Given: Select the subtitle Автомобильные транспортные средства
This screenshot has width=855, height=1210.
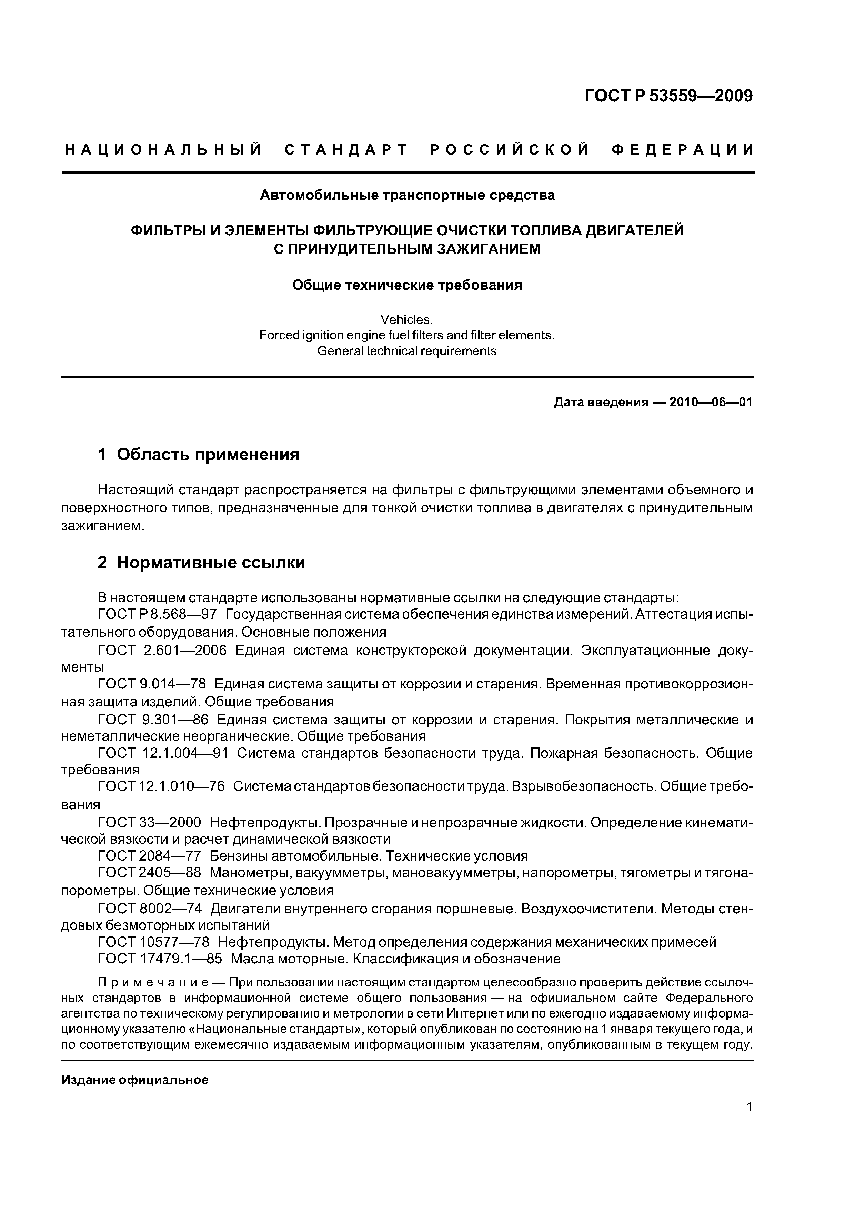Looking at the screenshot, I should [407, 196].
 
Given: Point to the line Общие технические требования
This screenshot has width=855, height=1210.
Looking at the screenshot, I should [407, 285].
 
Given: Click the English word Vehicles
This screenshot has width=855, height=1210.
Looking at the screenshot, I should [407, 319].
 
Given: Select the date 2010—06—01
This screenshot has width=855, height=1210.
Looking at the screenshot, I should [711, 403].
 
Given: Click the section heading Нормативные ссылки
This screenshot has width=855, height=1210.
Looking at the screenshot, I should [211, 563].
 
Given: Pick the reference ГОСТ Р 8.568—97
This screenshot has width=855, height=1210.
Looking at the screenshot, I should [157, 615].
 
